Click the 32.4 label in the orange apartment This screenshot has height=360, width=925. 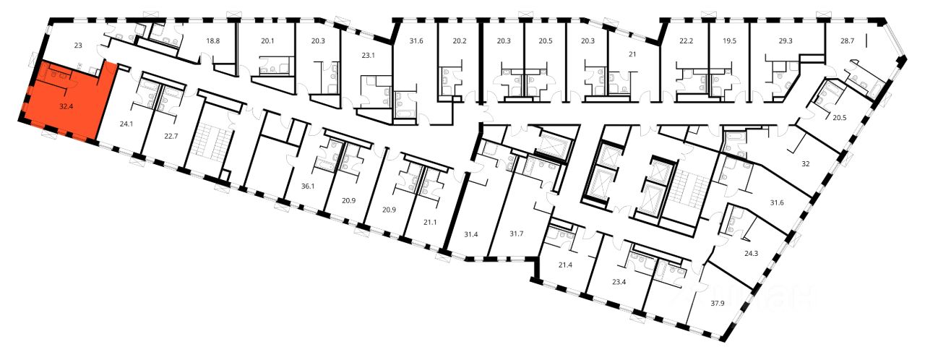point(66,106)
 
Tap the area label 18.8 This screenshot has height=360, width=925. point(213,41)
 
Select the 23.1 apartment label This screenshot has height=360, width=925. point(368,56)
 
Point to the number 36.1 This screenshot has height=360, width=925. point(308,187)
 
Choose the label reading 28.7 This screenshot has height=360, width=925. point(847,41)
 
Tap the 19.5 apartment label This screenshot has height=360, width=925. point(729,41)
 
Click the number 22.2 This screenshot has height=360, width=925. point(687,41)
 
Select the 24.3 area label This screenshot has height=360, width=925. point(751,254)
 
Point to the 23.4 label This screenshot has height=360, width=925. point(619,283)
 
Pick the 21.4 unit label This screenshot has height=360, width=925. point(565,265)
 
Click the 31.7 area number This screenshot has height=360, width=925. point(516,233)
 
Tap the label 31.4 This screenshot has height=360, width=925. point(470,234)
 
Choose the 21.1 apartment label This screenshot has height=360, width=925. point(430,222)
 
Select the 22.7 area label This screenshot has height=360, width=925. point(171,136)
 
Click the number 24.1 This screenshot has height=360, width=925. point(126,124)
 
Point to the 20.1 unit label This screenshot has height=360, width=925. point(267,41)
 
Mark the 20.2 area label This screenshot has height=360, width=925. point(459,41)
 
